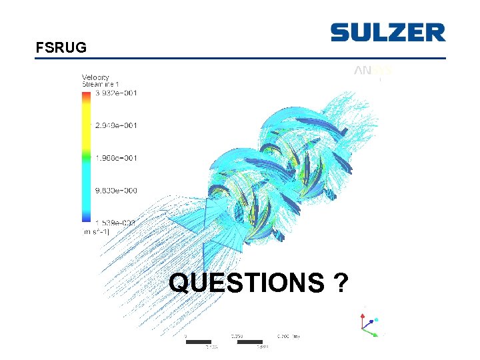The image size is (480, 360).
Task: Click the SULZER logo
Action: tap(387, 33)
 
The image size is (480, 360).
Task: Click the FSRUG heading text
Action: tap(61, 48)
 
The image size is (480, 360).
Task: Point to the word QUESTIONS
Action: tap(246, 283)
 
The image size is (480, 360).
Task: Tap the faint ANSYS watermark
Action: tap(373, 70)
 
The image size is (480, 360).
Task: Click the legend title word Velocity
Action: tap(95, 77)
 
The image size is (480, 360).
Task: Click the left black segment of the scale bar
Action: tap(198, 342)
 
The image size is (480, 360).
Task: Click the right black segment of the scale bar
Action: tap(249, 342)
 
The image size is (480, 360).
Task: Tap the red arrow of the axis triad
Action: tap(364, 313)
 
